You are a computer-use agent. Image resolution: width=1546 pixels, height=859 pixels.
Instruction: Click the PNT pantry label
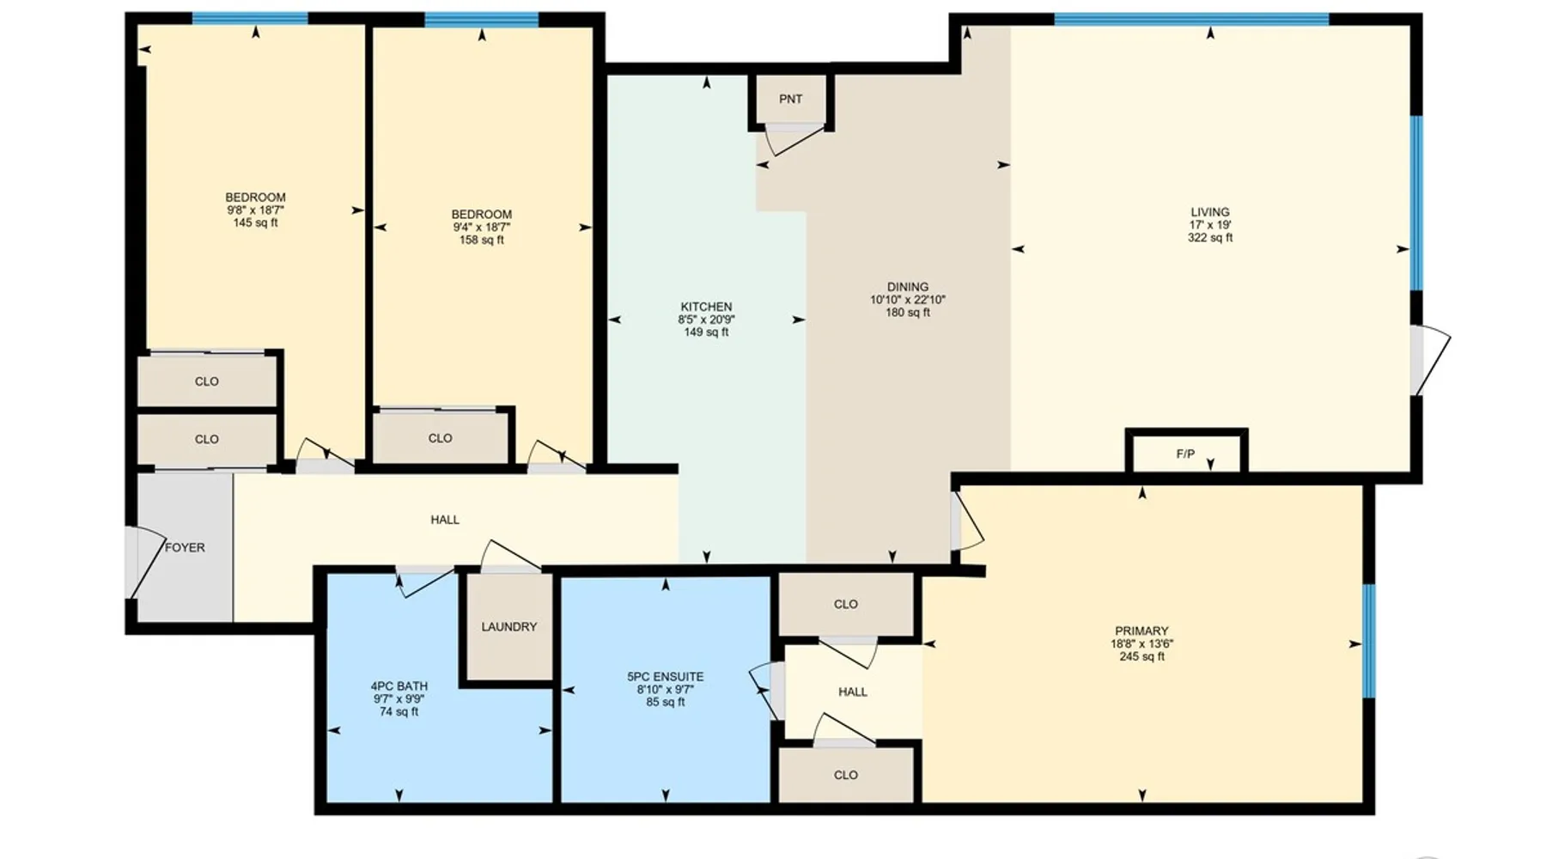pyautogui.click(x=790, y=100)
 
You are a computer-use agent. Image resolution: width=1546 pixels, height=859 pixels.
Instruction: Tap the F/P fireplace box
pyautogui.click(x=1185, y=452)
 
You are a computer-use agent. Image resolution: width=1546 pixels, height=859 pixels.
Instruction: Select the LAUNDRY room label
pyautogui.click(x=509, y=627)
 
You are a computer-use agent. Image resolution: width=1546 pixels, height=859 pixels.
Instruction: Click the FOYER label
pyautogui.click(x=185, y=547)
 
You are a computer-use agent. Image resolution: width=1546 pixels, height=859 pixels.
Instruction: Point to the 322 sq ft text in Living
pyautogui.click(x=1210, y=238)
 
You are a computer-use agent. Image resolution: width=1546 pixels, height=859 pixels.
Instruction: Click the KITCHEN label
pyautogui.click(x=706, y=307)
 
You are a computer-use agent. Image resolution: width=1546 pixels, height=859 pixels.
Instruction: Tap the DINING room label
pyautogui.click(x=908, y=287)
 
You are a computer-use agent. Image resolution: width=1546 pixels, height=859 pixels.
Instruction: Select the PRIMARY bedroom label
pyautogui.click(x=1141, y=631)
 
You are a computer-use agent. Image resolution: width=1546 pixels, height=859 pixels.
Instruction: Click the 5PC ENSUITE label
pyautogui.click(x=666, y=677)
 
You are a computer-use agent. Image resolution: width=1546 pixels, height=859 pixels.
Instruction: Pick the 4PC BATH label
pyautogui.click(x=399, y=686)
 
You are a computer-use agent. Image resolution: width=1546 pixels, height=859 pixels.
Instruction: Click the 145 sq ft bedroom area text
pyautogui.click(x=256, y=222)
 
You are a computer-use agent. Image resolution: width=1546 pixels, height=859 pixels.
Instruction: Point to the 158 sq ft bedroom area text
pyautogui.click(x=482, y=241)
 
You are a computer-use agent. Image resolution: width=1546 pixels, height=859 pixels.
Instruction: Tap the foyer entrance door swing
pyautogui.click(x=146, y=562)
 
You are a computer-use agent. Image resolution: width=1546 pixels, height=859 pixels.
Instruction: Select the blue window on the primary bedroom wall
pyautogui.click(x=1369, y=640)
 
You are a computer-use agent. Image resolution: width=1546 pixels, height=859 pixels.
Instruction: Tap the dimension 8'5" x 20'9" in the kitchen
pyautogui.click(x=706, y=320)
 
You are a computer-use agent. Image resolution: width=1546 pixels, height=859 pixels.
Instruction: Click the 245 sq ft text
pyautogui.click(x=1141, y=656)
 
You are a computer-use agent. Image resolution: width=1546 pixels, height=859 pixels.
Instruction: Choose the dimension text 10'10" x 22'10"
pyautogui.click(x=908, y=300)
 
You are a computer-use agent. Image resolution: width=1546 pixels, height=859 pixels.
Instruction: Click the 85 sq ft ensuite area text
pyautogui.click(x=666, y=702)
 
